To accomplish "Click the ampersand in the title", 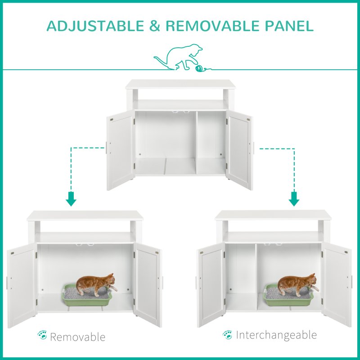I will pyautogui.click(x=155, y=26).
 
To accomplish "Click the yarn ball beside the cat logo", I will pyautogui.click(x=199, y=69).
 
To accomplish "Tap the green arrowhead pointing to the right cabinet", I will pyautogui.click(x=294, y=199).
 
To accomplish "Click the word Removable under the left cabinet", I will pyautogui.click(x=77, y=337).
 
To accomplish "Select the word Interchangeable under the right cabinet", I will pyautogui.click(x=276, y=335).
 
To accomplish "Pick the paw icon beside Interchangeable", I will pyautogui.click(x=228, y=334).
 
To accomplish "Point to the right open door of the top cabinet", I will pyautogui.click(x=239, y=151).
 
